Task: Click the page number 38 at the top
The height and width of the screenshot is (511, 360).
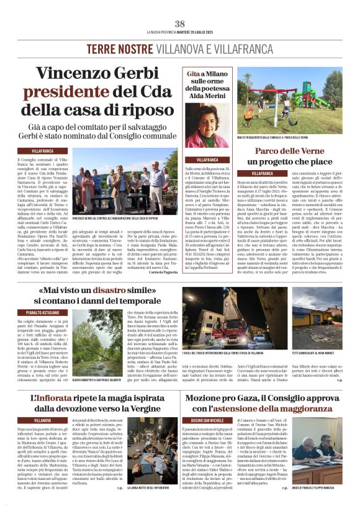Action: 180,24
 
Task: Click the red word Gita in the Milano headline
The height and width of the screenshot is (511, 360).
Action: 193,74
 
